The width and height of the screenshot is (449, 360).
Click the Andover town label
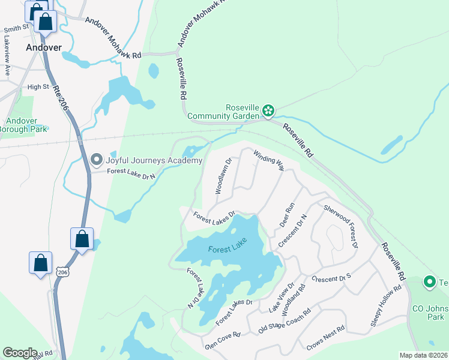44,47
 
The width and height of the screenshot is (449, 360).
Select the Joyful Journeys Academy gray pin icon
97,160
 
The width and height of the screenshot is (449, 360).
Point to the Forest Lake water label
228,248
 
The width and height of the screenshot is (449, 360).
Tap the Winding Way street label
268,160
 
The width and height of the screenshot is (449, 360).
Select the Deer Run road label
287,215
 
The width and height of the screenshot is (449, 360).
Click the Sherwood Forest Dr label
341,227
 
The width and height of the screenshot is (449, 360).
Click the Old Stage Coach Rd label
284,321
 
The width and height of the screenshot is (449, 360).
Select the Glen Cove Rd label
223,339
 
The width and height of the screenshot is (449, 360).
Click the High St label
38,87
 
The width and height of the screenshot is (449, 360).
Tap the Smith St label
16,28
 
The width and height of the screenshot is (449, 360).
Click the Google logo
20,353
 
